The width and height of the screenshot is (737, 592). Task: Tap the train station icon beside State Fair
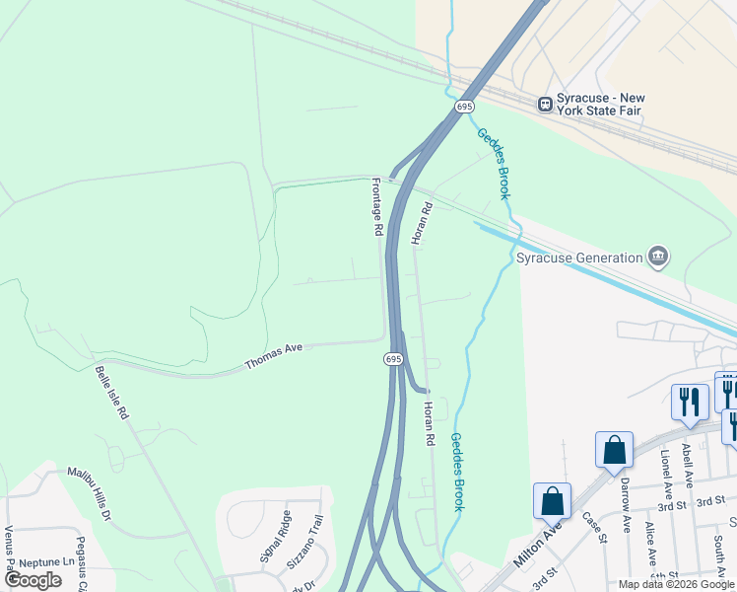coord(544,103)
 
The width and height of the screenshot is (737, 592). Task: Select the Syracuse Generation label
coord(580,259)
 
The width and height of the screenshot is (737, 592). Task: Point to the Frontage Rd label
coord(376,206)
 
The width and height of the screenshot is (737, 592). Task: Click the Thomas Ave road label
coord(273,356)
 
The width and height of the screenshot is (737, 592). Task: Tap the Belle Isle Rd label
coord(111,394)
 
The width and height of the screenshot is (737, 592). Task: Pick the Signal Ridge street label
coord(275,537)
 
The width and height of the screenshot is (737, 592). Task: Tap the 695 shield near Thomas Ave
coord(393,358)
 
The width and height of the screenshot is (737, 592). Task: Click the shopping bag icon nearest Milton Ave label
coord(552,499)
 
